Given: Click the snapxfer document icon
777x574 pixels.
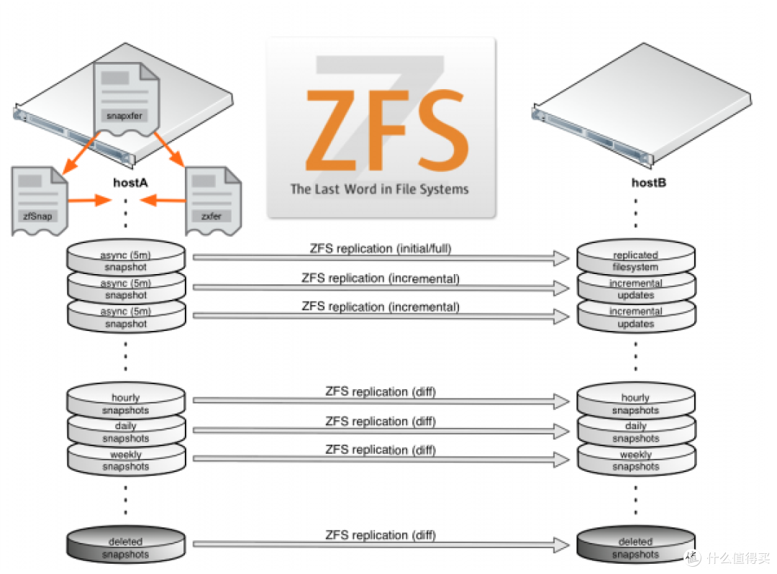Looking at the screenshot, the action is [127, 99].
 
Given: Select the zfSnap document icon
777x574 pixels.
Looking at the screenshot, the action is [39, 201].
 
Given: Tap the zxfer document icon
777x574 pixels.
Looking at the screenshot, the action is [213, 201].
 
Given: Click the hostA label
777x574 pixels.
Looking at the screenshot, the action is [130, 183].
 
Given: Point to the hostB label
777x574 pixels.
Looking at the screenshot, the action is [649, 183].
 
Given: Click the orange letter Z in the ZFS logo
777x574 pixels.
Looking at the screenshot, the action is [332, 130].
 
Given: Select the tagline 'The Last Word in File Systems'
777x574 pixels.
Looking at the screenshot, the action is [380, 189].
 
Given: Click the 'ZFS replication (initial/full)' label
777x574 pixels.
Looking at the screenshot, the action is [381, 249].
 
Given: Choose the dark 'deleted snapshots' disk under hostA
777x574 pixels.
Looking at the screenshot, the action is [126, 545].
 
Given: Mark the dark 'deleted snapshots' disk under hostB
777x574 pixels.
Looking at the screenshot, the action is [636, 545].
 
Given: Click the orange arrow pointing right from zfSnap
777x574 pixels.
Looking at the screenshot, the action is [90, 200].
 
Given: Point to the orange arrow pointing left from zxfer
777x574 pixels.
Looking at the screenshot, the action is [163, 200].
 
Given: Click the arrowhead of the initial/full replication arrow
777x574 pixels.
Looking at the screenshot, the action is [562, 258].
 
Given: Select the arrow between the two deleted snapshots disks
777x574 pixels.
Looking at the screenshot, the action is [381, 545].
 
